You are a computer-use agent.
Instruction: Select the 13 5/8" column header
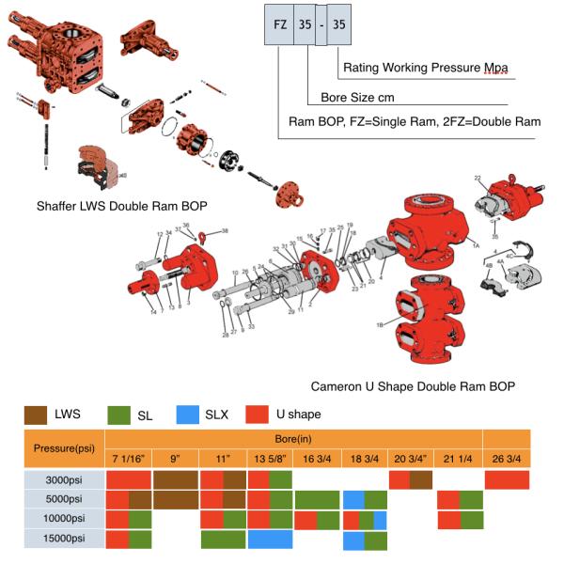point(271,459)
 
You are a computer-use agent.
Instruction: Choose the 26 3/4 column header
point(507,459)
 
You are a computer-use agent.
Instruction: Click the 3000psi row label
point(55,479)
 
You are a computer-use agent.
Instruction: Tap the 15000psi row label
point(55,540)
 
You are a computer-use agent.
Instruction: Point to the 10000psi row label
point(55,520)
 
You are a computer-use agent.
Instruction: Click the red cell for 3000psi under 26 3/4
point(507,479)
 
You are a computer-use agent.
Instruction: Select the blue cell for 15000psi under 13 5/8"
point(271,540)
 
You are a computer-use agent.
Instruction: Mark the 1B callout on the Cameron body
point(382,323)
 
